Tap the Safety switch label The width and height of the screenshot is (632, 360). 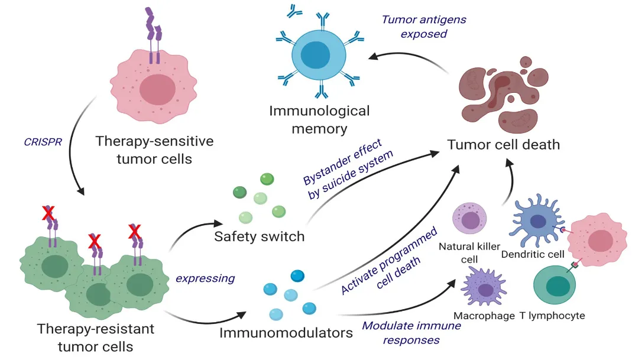260,237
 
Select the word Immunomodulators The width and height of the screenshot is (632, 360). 286,333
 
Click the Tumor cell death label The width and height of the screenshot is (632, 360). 503,144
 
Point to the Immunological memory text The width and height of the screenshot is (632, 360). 320,119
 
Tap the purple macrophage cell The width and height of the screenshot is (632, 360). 485,288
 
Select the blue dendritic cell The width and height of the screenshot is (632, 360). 537,222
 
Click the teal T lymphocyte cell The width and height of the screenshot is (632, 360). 556,285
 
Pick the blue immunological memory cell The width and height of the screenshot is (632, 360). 320,57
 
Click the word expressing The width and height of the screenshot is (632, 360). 205,278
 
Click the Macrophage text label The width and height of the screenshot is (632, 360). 484,316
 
